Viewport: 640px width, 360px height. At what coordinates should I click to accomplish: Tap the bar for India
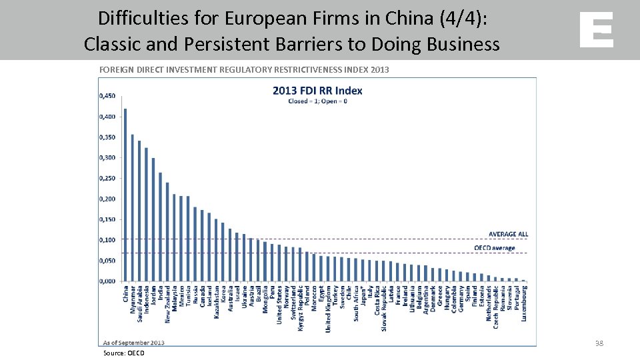(161, 227)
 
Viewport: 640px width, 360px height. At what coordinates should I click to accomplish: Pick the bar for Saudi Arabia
(139, 211)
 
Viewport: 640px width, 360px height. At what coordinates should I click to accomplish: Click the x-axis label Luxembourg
(524, 304)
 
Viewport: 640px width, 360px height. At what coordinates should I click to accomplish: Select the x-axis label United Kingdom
(327, 309)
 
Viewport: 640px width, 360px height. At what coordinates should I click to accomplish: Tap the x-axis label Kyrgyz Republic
(300, 309)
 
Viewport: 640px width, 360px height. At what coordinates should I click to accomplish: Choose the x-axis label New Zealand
(167, 305)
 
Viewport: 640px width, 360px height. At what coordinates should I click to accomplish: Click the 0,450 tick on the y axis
(107, 96)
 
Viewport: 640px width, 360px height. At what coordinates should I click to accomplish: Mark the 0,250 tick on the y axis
(107, 178)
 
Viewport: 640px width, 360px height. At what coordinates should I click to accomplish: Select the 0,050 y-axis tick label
(107, 261)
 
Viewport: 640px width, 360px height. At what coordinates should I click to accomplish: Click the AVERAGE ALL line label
(508, 234)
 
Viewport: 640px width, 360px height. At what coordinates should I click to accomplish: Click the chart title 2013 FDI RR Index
(317, 91)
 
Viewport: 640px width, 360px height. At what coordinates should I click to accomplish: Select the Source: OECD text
(123, 353)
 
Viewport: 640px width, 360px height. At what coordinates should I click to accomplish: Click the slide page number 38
(599, 343)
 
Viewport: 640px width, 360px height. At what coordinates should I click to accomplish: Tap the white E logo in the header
(596, 30)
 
